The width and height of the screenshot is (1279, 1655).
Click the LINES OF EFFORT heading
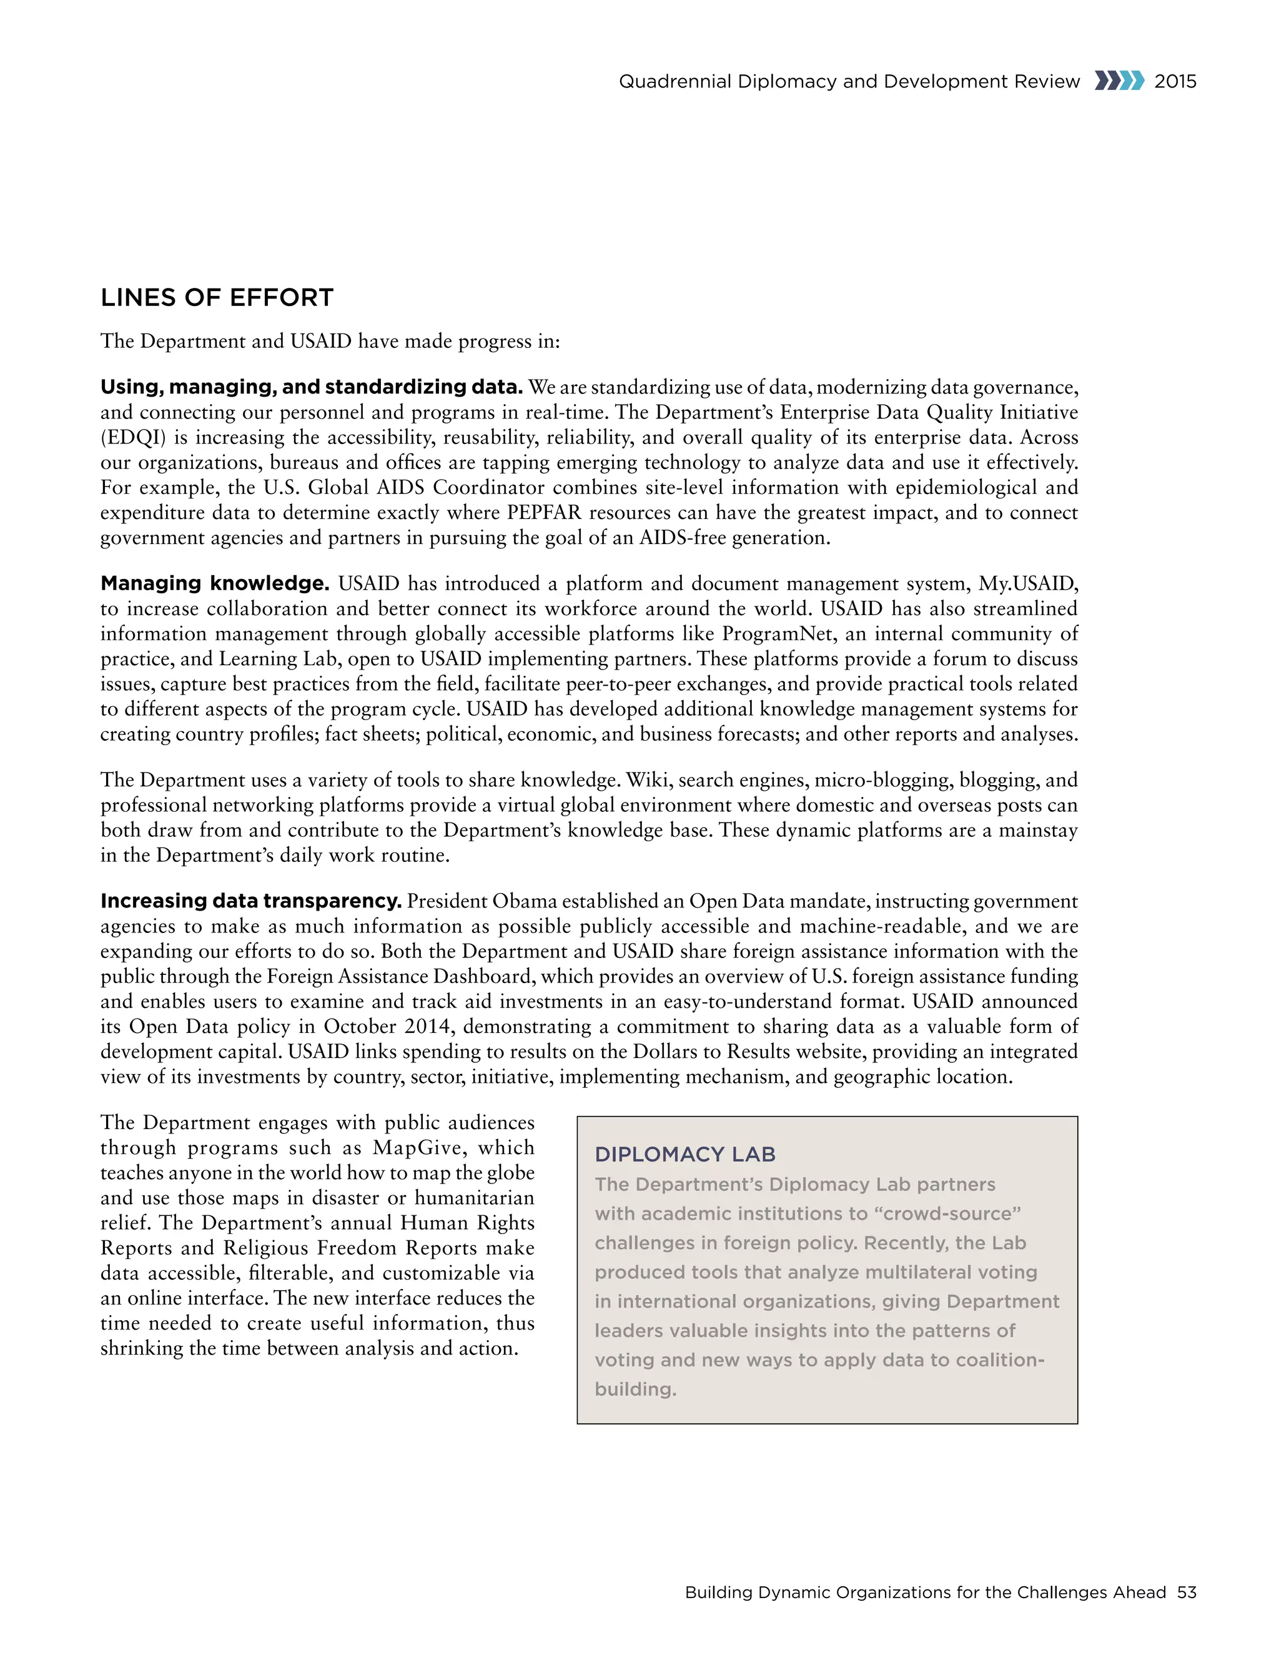(x=217, y=298)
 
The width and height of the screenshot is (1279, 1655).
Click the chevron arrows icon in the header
(x=1119, y=81)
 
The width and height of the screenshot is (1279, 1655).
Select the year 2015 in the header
(x=1175, y=81)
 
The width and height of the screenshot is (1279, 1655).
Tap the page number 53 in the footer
(x=1187, y=1592)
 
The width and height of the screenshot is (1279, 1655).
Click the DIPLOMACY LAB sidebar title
(x=685, y=1154)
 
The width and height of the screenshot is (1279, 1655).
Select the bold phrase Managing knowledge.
(x=214, y=583)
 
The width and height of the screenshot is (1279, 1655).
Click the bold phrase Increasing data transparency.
(x=251, y=901)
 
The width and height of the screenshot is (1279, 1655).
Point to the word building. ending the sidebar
(x=635, y=1389)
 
